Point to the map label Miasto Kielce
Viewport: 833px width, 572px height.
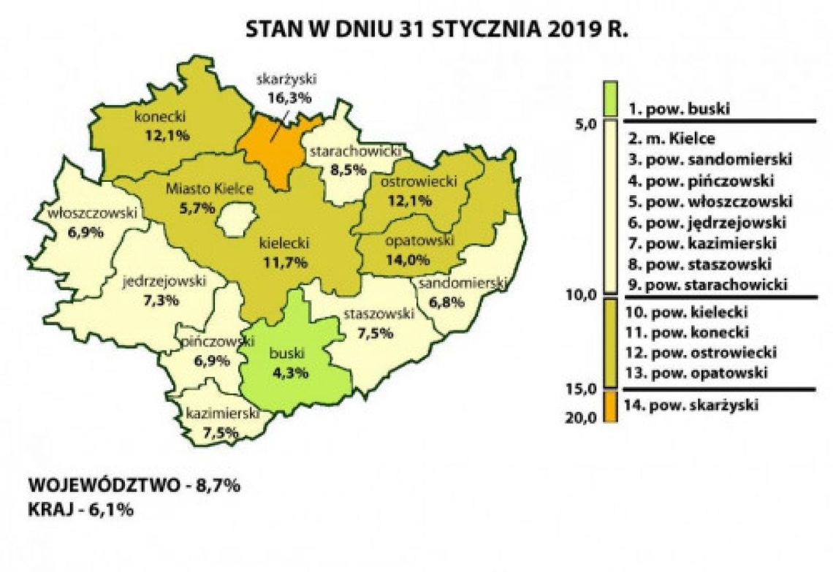(209, 189)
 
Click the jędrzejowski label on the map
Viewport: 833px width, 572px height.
(165, 281)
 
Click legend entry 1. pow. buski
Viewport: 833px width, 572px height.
(679, 110)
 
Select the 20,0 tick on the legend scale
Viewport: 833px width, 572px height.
(584, 417)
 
